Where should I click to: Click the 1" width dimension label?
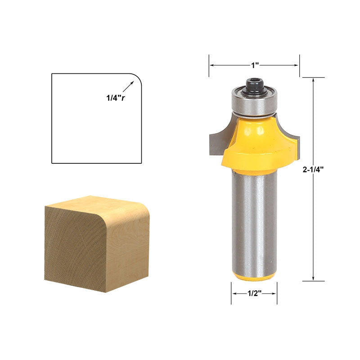(255, 65)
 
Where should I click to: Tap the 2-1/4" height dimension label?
(313, 170)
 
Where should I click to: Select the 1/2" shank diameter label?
(255, 293)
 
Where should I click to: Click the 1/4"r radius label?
(116, 98)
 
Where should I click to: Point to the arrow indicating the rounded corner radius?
(128, 86)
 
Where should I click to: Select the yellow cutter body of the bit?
(260, 144)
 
